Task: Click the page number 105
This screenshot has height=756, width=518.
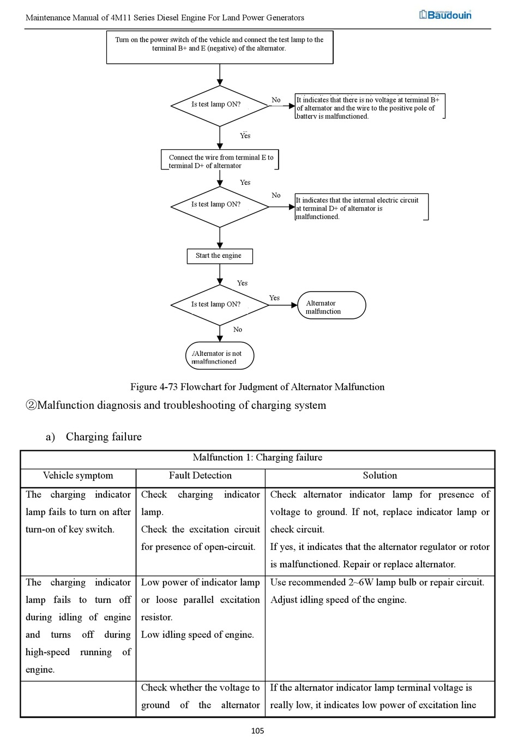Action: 257,731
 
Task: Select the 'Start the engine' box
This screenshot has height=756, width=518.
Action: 220,256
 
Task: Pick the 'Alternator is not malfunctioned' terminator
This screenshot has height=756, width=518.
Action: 220,356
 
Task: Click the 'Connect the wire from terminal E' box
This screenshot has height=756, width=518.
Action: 220,160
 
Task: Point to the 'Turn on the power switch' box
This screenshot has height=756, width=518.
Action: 220,47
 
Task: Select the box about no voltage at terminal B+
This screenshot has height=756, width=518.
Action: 370,107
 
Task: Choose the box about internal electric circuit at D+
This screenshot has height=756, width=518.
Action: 361,208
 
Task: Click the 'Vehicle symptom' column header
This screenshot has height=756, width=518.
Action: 78,476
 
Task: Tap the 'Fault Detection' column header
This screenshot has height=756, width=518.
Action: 200,476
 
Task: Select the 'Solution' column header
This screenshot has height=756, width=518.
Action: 380,476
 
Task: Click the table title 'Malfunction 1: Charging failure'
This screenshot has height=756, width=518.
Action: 257,458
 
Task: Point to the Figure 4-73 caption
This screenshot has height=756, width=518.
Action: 257,387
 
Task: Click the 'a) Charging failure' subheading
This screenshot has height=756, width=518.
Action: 94,437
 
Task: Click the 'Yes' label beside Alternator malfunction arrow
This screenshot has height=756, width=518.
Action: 274,298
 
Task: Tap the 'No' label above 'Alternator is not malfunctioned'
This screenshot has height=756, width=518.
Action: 238,330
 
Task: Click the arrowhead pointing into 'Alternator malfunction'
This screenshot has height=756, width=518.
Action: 294,305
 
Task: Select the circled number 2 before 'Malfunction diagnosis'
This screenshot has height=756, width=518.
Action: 31,406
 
